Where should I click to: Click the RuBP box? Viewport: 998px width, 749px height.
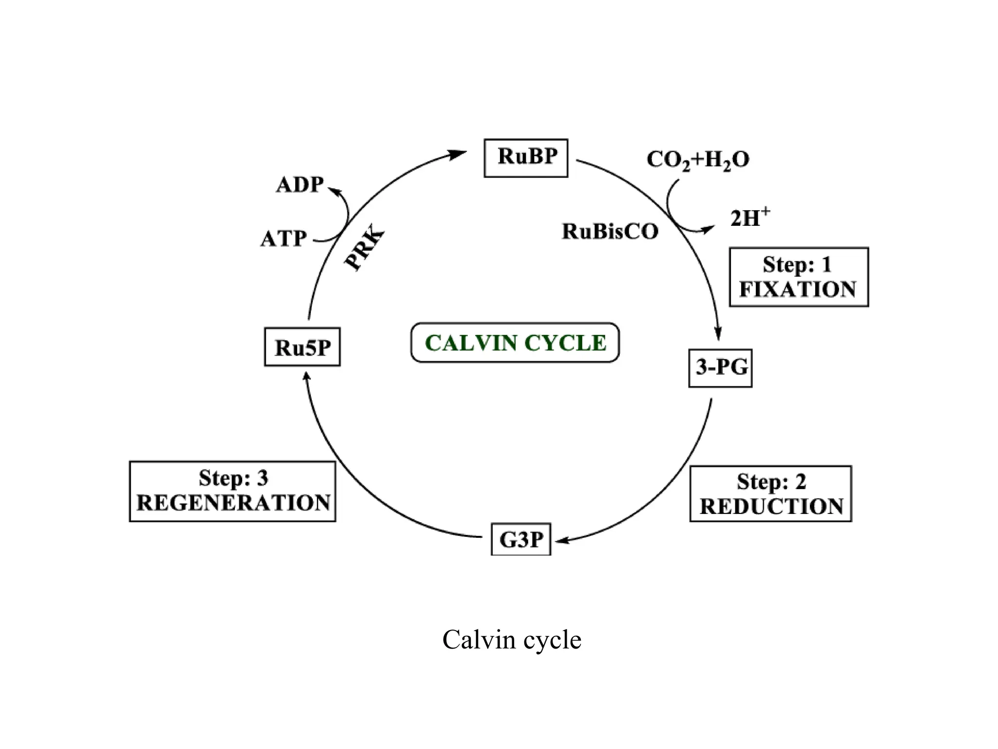526,158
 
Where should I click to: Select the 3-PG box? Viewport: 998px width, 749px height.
720,368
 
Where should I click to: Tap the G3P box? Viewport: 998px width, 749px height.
521,539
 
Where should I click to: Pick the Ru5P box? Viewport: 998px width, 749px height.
302,347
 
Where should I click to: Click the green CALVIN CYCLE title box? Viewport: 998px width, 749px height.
515,342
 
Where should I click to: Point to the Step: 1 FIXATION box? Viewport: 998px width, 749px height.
798,277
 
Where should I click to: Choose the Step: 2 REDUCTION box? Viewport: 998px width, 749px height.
770,493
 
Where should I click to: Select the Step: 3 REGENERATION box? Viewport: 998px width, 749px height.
232,492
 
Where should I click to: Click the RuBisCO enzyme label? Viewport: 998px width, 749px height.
610,231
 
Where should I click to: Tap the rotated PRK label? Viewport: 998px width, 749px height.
364,250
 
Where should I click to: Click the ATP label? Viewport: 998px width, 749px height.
284,239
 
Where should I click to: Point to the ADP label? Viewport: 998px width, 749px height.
300,185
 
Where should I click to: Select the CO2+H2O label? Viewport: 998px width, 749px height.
697,159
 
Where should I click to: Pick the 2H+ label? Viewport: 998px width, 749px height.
749,217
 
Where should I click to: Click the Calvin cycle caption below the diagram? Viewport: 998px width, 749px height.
512,640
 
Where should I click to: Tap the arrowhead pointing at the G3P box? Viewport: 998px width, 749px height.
562,540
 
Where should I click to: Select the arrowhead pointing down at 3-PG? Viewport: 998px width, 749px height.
717,334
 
